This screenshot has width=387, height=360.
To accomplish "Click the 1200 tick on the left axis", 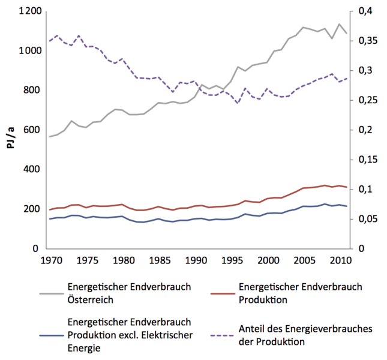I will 29,11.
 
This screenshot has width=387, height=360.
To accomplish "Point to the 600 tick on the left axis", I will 32,130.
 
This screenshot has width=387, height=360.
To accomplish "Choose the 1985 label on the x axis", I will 159,260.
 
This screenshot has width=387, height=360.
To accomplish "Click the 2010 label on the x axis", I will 340,260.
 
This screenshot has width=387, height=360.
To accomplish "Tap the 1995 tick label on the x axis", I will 232,260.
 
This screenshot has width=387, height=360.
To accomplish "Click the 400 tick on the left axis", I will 32,169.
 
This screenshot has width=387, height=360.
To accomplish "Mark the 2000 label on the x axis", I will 268,260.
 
